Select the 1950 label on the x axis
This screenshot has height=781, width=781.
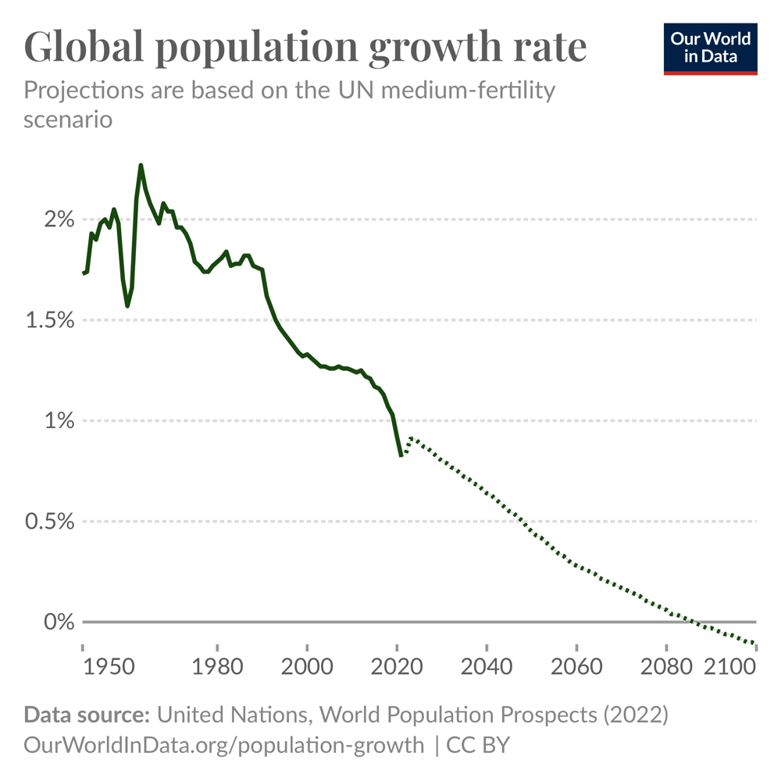coord(108,669)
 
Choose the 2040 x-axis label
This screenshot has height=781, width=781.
coord(487,669)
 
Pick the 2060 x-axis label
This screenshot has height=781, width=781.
coord(576,669)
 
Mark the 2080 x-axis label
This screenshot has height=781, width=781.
coord(666,669)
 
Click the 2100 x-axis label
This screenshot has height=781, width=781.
coord(731,669)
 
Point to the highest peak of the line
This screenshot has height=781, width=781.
coord(141,166)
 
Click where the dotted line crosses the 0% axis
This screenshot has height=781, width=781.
coord(694,622)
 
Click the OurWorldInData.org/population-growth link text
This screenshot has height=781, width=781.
coord(224,744)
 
